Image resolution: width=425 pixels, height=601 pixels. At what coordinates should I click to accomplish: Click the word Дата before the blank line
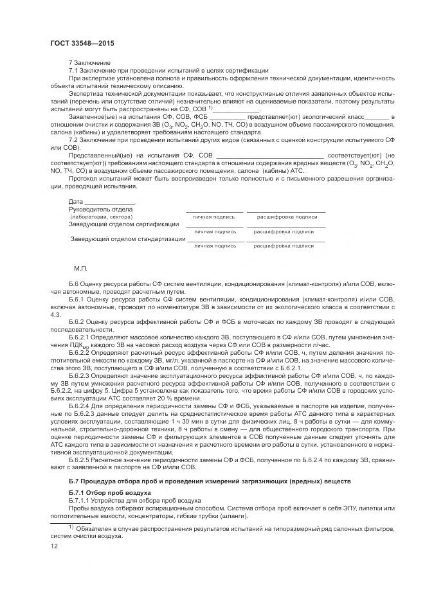tap(76, 202)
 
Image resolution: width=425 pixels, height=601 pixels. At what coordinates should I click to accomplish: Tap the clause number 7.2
tap(73, 139)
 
